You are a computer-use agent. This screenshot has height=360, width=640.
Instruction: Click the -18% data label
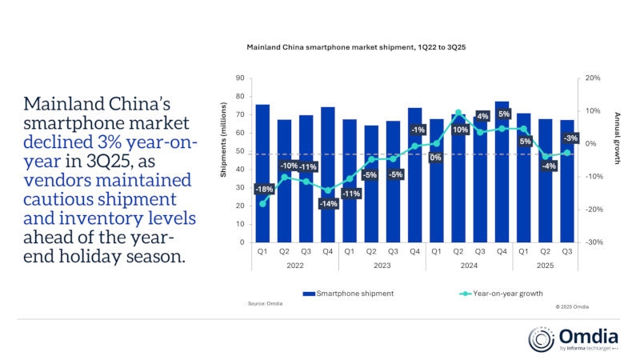[x=263, y=190]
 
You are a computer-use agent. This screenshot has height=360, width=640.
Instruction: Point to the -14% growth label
[x=328, y=204]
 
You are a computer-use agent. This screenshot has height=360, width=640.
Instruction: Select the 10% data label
[x=459, y=129]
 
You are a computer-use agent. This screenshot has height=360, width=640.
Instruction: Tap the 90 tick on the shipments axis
[x=240, y=78]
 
